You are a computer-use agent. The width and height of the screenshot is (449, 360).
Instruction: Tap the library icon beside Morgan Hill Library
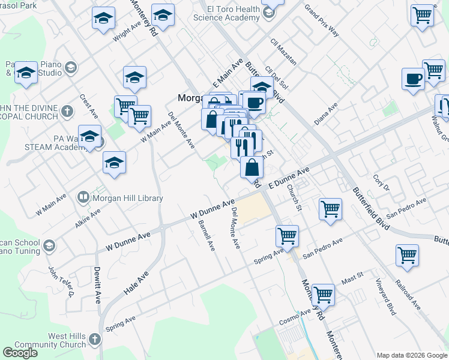pos(83,197)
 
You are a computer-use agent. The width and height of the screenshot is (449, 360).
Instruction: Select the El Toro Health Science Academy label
pos(226,14)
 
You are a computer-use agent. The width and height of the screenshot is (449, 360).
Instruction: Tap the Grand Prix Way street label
pos(321,20)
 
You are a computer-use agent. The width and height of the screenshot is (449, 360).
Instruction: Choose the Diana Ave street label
pos(326,113)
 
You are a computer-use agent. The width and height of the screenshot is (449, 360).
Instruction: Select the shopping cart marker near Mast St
pos(323,295)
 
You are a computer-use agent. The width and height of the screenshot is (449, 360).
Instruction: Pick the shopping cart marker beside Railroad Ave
pos(407,255)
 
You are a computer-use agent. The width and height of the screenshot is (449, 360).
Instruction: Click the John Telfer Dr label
pos(61,283)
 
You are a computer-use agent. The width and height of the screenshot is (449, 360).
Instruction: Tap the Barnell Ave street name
pos(206,235)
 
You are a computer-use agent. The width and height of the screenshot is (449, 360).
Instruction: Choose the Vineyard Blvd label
pos(386,297)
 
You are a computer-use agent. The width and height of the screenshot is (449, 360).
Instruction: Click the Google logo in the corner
pos(20,353)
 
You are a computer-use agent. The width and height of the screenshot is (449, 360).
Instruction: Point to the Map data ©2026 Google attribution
pos(411,355)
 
